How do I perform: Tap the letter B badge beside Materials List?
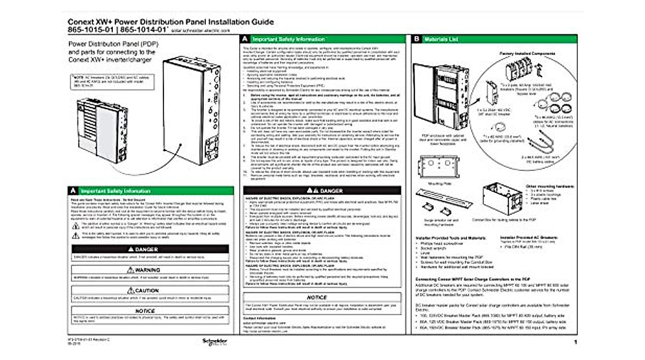[417, 39]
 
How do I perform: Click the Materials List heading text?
[441, 39]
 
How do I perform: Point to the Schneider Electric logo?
[211, 342]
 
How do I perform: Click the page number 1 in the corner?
[575, 342]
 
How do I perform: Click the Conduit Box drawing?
[499, 198]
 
